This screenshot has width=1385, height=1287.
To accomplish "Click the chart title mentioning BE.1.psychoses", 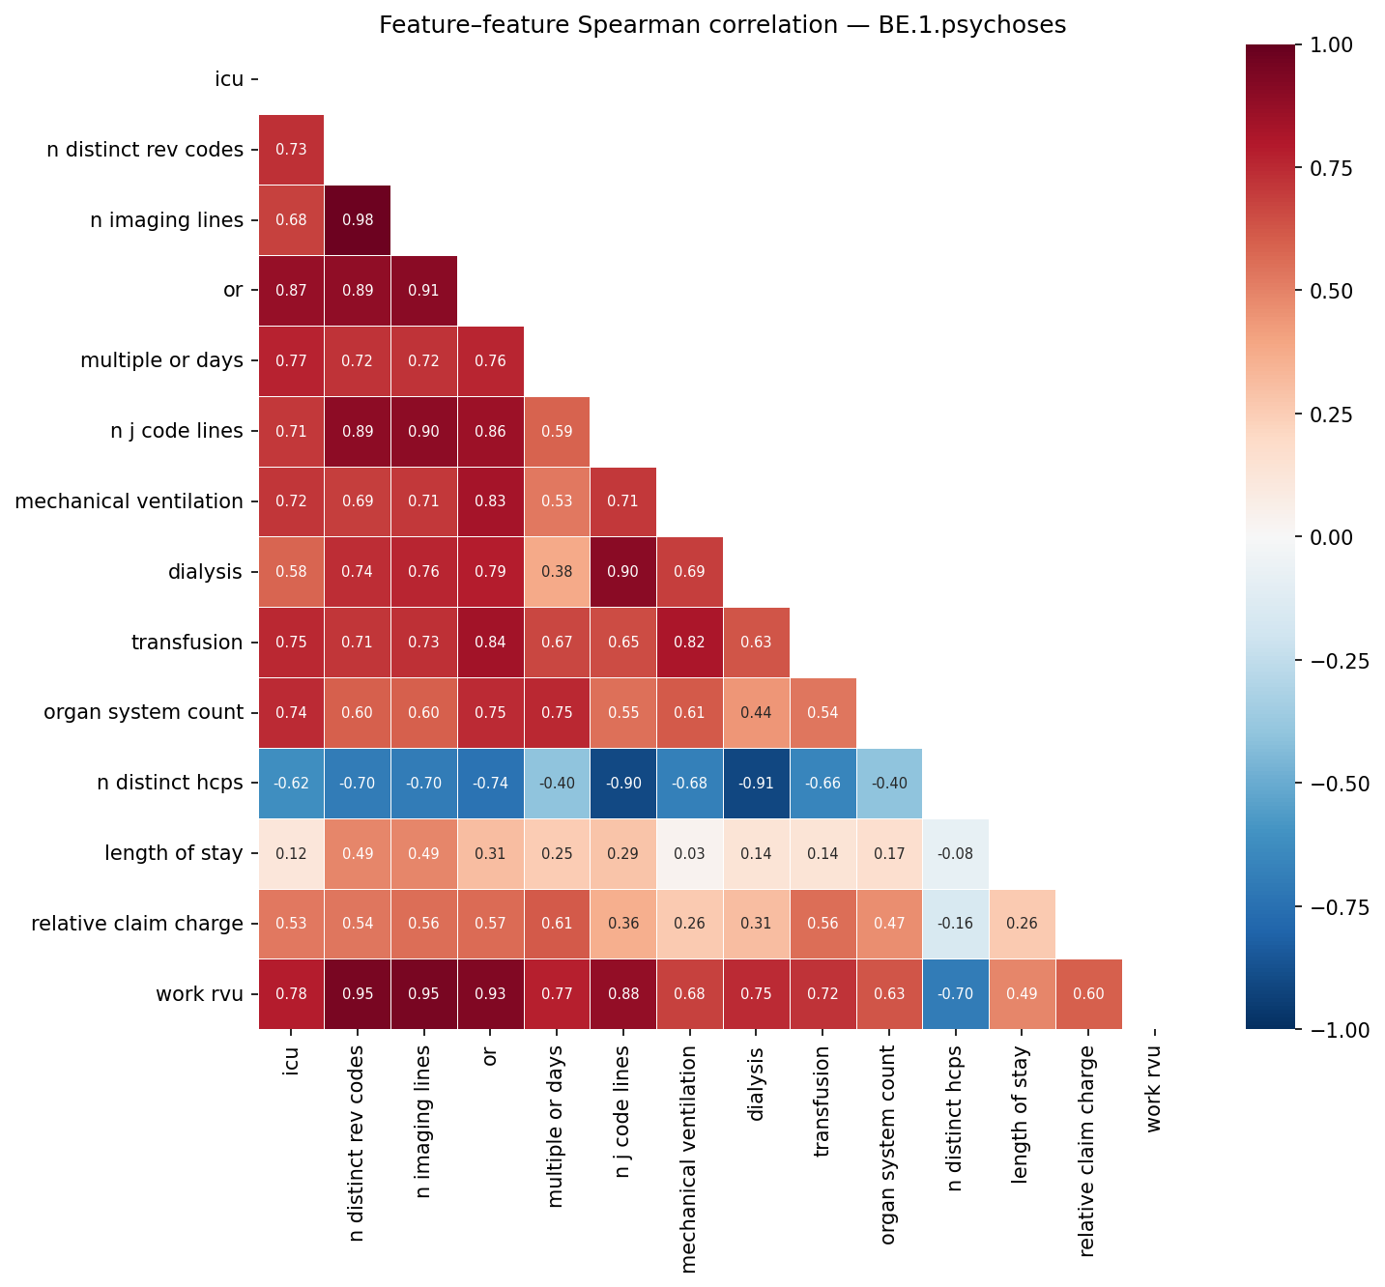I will pyautogui.click(x=722, y=25).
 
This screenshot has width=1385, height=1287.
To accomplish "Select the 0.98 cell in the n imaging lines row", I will pyautogui.click(x=358, y=220).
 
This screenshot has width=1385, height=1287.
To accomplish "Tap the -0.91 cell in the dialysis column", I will pyautogui.click(x=756, y=784).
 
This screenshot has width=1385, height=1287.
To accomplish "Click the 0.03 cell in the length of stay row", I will pyautogui.click(x=689, y=854).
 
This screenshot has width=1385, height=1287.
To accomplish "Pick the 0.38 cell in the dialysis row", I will pyautogui.click(x=556, y=572).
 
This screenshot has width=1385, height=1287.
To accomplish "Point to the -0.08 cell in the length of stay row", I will pyautogui.click(x=955, y=854).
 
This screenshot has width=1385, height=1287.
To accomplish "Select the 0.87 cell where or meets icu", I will pyautogui.click(x=291, y=291).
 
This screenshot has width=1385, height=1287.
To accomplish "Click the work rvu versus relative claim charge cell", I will pyautogui.click(x=1088, y=995).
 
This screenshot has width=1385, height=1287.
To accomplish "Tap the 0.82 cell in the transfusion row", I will pyautogui.click(x=689, y=643).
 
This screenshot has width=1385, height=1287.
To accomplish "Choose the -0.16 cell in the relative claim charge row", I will pyautogui.click(x=955, y=925).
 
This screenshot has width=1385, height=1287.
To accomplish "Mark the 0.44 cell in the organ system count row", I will pyautogui.click(x=756, y=713).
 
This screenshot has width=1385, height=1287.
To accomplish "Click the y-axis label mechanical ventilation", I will pyautogui.click(x=129, y=501).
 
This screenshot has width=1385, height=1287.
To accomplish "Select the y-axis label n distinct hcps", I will pyautogui.click(x=170, y=784).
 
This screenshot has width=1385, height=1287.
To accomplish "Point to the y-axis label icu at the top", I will pyautogui.click(x=228, y=79).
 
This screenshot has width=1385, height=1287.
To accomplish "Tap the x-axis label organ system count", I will pyautogui.click(x=888, y=1122).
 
